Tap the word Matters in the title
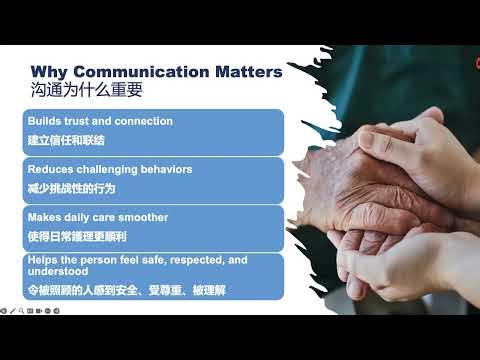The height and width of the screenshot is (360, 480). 246,72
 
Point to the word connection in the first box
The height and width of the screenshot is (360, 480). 145,121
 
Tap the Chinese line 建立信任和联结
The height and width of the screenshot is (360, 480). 65,139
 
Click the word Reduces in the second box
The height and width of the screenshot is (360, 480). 49,169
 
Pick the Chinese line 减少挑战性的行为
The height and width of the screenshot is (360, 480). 69,187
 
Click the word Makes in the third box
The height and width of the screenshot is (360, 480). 45,217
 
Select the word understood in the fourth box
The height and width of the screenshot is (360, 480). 57,270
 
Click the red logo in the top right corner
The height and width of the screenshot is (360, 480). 476,62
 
